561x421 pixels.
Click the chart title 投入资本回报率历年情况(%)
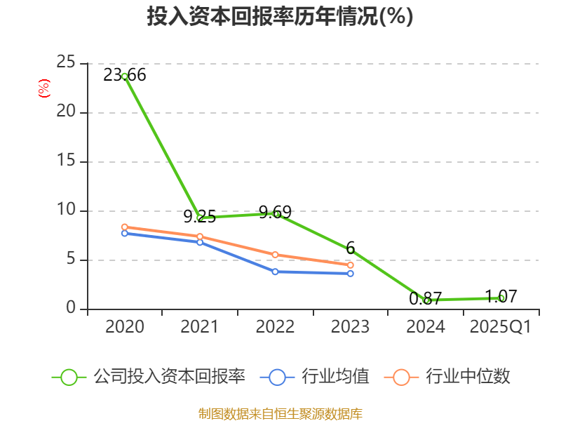(280, 17)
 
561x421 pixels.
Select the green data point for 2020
(125, 76)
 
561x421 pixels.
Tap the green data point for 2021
(201, 218)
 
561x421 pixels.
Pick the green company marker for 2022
(276, 213)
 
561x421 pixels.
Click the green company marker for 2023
(351, 250)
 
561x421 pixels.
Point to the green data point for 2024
(426, 300)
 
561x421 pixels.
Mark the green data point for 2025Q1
(501, 298)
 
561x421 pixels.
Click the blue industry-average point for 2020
(125, 233)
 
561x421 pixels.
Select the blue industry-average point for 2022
(276, 272)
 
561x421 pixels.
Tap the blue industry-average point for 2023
(351, 273)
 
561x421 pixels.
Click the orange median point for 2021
(200, 236)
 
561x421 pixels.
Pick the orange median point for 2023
(351, 265)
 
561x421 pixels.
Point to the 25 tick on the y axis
(66, 63)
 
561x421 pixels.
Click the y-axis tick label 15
(66, 161)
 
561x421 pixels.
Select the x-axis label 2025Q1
(501, 327)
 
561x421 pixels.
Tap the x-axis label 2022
(275, 327)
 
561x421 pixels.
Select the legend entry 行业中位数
(449, 377)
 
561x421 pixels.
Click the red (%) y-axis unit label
(44, 89)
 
